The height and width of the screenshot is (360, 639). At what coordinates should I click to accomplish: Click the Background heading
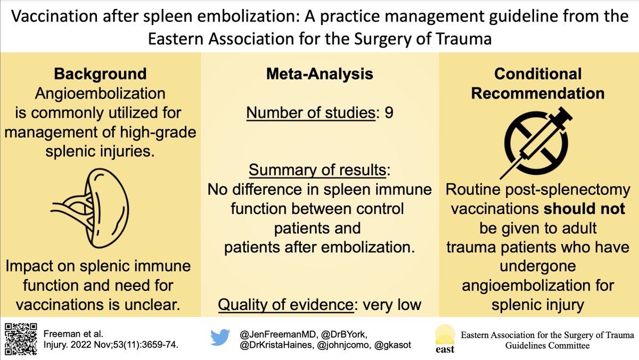point(100,74)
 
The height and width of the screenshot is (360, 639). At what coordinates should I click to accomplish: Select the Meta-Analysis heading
point(319,74)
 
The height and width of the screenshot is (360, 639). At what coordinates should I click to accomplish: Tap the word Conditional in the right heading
point(538,74)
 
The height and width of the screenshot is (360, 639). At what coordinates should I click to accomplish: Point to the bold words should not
point(577,209)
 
